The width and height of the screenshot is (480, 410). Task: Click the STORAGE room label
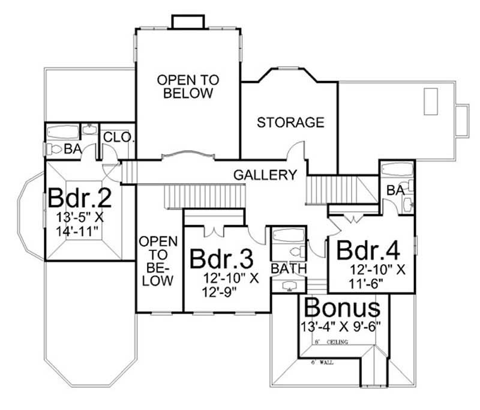(290, 122)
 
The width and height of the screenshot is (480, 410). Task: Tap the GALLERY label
(265, 175)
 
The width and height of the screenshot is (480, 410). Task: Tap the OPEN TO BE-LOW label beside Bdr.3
(158, 261)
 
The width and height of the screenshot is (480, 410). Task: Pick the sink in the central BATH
(289, 285)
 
